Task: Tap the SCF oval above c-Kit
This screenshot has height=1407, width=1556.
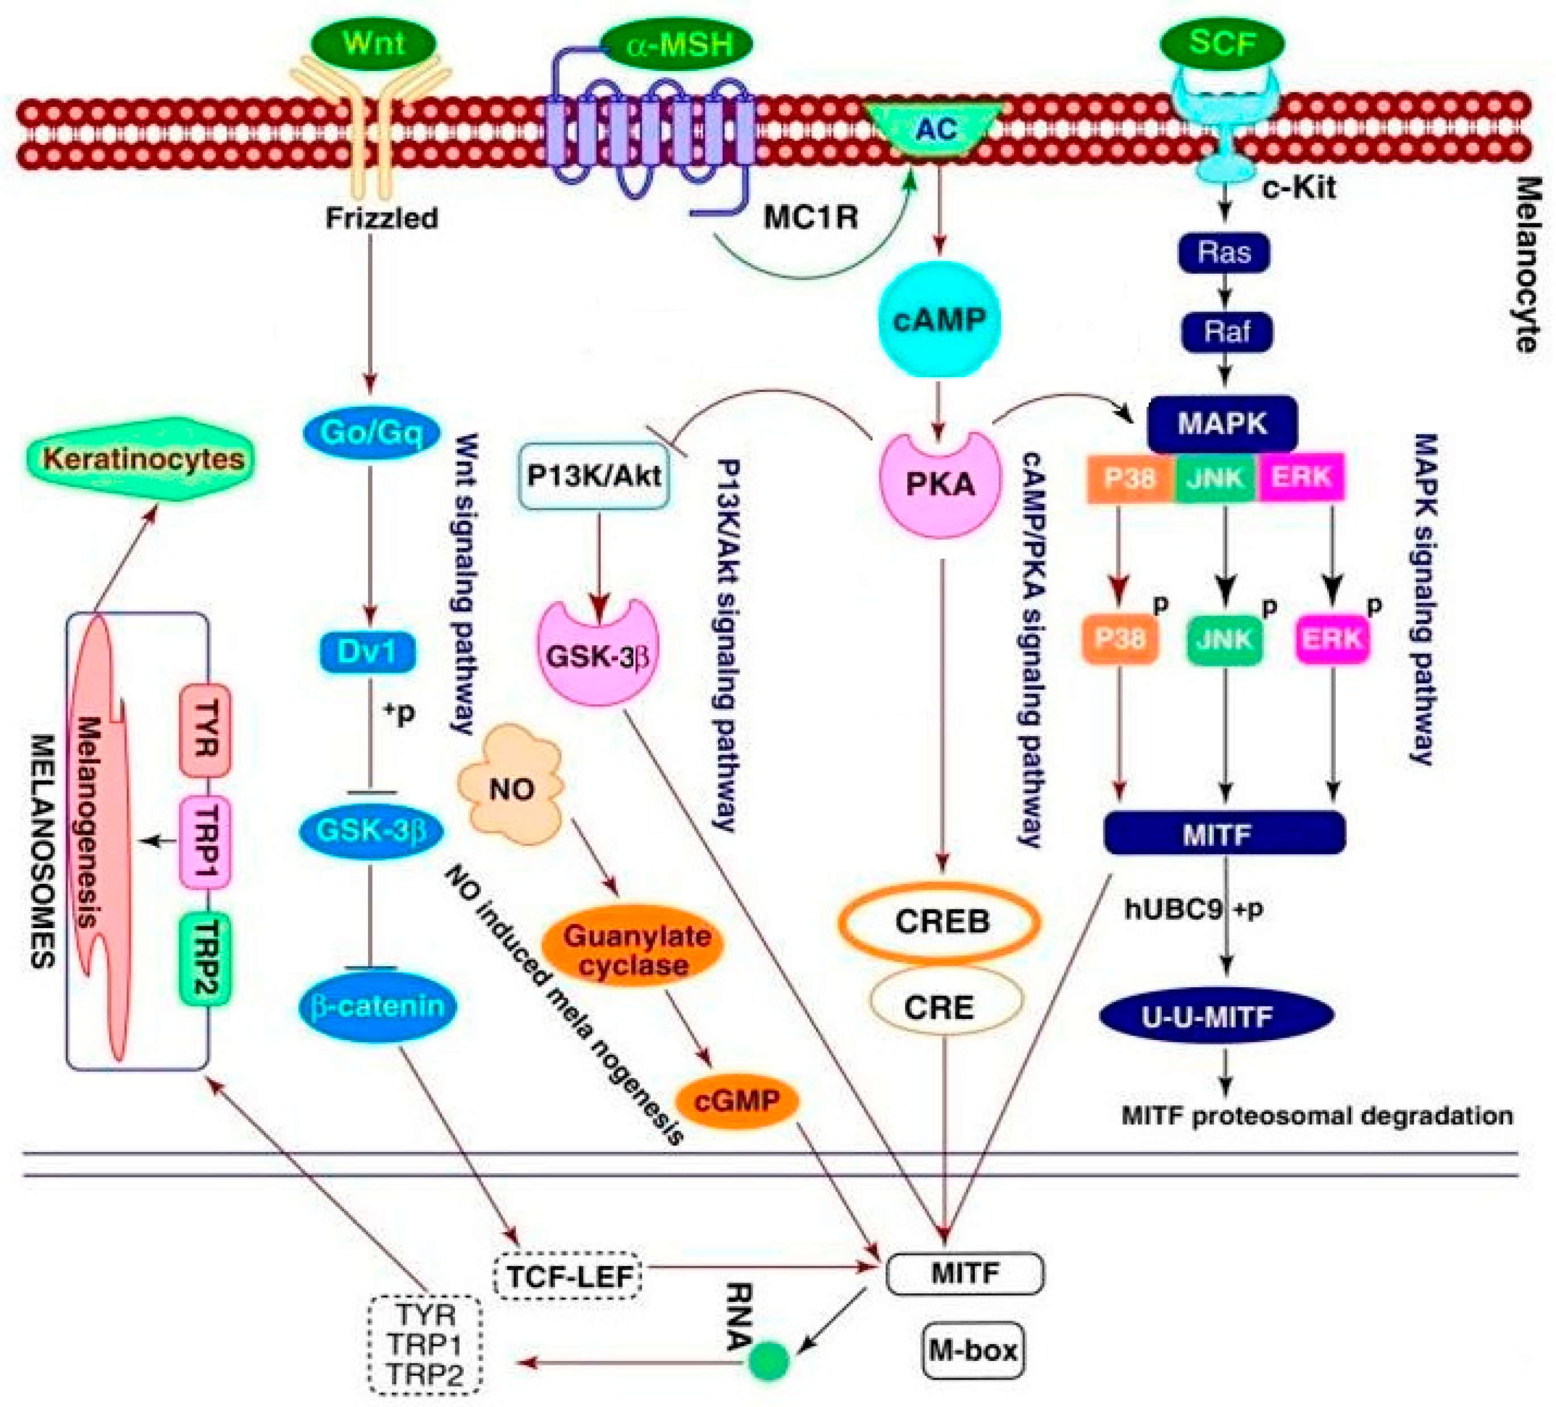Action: coord(1223,43)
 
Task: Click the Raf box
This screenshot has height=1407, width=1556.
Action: coord(1227,332)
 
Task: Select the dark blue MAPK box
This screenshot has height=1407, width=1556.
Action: coord(1222,424)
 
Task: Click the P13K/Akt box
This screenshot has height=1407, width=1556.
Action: coord(594,476)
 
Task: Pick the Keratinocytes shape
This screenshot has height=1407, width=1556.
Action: coord(142,458)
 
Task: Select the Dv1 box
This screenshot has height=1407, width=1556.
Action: coord(368,652)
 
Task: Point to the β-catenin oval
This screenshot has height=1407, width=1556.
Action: coord(377,1005)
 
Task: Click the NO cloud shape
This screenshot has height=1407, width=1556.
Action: coord(511,785)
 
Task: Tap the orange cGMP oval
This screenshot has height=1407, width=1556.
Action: coord(737,1101)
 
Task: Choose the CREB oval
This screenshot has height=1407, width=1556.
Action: coord(940,921)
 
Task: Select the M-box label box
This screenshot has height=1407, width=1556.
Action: coord(973,1351)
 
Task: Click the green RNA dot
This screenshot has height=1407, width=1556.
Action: coord(770,1360)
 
